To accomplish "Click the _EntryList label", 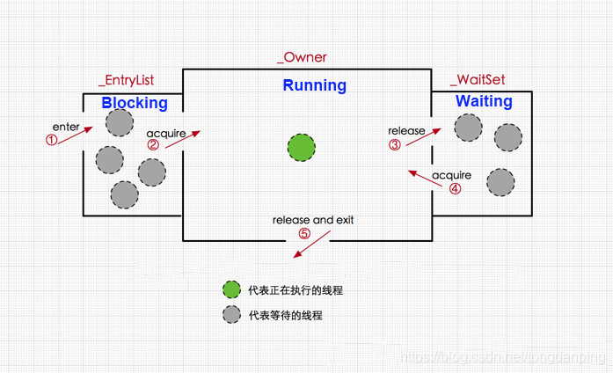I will [x=126, y=80].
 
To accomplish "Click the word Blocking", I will [x=134, y=103].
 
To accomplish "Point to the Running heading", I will [x=314, y=85].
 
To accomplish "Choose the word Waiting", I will [x=484, y=101].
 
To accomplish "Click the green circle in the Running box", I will [x=302, y=148].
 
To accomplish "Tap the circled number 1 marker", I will [x=52, y=139].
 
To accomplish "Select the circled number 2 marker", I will [x=153, y=145].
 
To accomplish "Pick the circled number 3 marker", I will [x=395, y=144].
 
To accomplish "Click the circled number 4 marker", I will [x=455, y=187].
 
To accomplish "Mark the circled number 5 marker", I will [x=304, y=233].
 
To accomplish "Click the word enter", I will [x=66, y=128].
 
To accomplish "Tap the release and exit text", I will [x=313, y=220].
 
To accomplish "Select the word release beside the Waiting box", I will [x=406, y=131].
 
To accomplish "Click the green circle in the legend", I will [x=231, y=289].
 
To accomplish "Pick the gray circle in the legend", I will [x=231, y=314].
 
